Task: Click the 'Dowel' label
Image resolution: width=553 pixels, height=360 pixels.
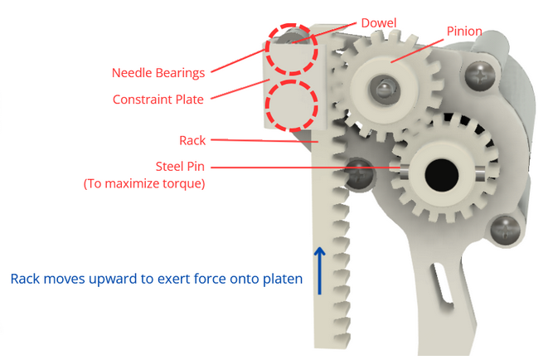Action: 379,22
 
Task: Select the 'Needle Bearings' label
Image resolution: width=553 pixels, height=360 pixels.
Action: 158,72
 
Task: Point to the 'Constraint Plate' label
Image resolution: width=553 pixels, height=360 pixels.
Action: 158,100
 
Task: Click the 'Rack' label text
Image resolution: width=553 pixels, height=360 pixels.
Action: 192,140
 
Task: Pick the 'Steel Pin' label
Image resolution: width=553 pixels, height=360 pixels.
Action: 181,166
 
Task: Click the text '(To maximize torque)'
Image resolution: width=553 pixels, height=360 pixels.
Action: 144,183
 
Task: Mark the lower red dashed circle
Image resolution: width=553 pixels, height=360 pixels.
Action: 292,105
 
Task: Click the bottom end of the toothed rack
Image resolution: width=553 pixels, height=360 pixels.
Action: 332,336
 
